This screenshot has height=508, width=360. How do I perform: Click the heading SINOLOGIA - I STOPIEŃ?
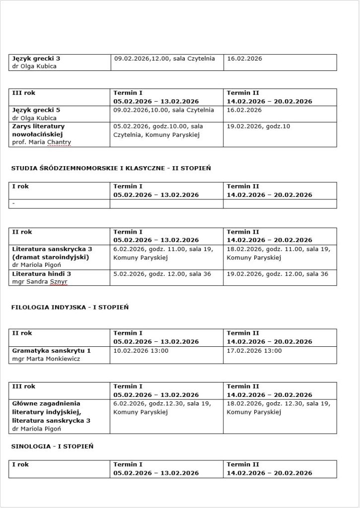[x=52, y=446]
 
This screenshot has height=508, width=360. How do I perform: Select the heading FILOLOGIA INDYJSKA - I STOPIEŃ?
[x=70, y=308]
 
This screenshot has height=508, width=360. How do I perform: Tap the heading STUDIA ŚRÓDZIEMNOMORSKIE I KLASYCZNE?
[x=111, y=169]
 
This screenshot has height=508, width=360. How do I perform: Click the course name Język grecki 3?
[x=36, y=59]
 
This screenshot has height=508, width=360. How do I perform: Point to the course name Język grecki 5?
[x=36, y=110]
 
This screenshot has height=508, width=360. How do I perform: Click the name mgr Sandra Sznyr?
[x=40, y=282]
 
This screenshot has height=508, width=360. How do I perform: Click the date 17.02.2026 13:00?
[x=254, y=351]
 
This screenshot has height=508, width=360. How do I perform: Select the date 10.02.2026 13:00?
[x=141, y=351]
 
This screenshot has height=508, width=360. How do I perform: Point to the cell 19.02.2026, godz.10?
[x=258, y=127]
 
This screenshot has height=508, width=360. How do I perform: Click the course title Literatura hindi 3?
[x=42, y=274]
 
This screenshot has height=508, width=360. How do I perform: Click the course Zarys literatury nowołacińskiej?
[x=39, y=130]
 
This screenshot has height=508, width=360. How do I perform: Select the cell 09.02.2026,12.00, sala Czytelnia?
[x=164, y=59]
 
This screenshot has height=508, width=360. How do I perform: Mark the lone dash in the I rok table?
[x=14, y=204]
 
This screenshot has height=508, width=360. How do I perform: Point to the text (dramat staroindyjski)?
[x=50, y=257]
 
